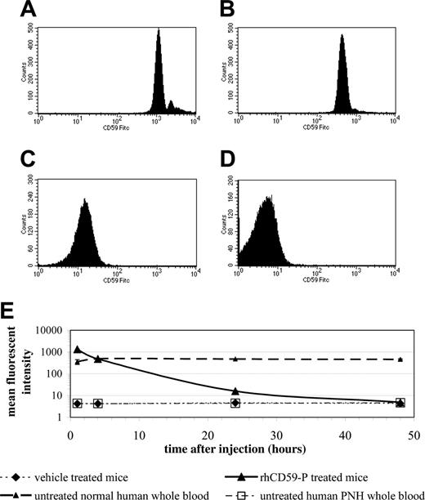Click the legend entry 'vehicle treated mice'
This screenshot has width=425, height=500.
(x=78, y=473)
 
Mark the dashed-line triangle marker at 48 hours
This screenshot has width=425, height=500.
(x=400, y=359)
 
